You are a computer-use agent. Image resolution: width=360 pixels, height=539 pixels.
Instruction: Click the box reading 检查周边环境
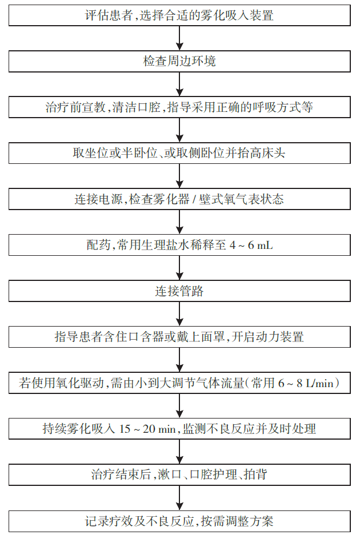[x=179, y=61]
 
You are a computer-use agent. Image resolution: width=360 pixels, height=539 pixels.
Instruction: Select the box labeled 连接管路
[x=179, y=291]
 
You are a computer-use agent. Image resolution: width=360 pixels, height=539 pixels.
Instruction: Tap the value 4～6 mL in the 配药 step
[x=251, y=246]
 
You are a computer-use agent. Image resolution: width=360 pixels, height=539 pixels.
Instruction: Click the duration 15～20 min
[x=147, y=429]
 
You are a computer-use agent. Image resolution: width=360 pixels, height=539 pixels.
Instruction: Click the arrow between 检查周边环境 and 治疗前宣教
[x=179, y=85]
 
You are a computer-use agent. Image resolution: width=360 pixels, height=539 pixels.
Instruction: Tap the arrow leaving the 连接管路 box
[x=179, y=314]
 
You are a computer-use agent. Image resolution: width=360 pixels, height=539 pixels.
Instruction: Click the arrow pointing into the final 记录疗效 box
[x=179, y=498]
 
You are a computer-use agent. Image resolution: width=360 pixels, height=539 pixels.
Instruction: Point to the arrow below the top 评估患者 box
[x=179, y=38]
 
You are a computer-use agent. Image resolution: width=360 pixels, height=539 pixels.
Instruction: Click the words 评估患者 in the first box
[x=109, y=15]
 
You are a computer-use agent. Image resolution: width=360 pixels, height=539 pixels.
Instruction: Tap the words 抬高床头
[x=261, y=154]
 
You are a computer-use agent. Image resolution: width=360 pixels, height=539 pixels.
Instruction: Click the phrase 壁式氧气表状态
[x=241, y=199]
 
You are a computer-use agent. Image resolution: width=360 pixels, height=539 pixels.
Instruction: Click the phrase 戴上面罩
[x=201, y=337]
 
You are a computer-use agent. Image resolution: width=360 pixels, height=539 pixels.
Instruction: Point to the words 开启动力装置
[x=267, y=337]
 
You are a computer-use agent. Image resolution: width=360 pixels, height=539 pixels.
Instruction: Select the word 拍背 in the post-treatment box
[x=256, y=474]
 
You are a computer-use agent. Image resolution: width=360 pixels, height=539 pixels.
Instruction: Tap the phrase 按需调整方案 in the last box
[x=237, y=521]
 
